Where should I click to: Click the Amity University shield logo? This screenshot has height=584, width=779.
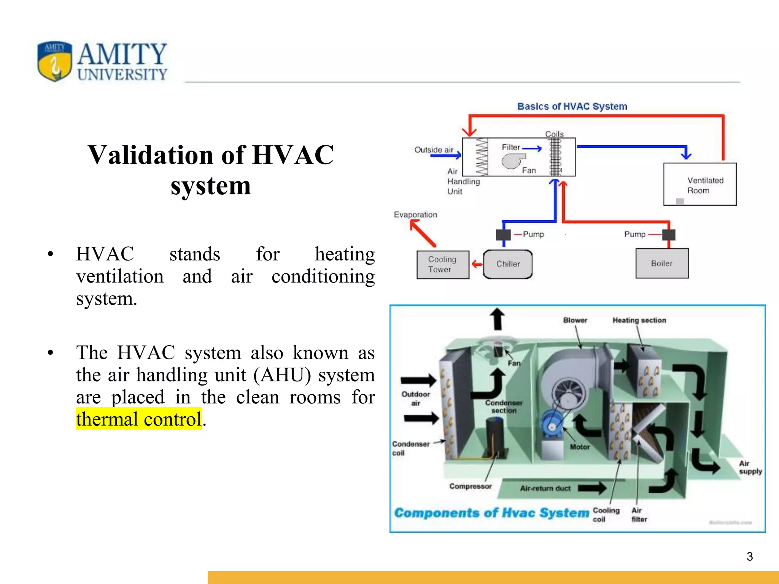click(x=54, y=61)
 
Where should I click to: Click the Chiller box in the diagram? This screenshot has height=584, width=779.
click(x=508, y=264)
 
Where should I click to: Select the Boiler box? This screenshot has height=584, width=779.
click(x=662, y=263)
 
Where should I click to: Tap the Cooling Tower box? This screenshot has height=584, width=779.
click(x=443, y=265)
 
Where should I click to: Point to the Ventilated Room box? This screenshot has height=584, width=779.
click(x=700, y=184)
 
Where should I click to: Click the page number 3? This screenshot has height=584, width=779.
click(x=749, y=557)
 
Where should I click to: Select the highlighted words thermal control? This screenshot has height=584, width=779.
click(x=139, y=419)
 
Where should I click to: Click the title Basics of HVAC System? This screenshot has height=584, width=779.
click(x=572, y=106)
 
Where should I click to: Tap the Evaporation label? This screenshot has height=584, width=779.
click(x=415, y=215)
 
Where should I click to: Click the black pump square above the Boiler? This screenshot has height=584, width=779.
click(x=669, y=235)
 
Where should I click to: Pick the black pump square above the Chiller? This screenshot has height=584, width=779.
click(x=504, y=235)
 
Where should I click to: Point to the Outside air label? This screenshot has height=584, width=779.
click(x=434, y=150)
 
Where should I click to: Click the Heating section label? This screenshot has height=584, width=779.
click(x=639, y=321)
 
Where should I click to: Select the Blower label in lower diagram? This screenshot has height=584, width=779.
click(x=575, y=321)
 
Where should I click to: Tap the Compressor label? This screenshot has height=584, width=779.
click(x=471, y=486)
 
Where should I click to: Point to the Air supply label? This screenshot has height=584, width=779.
click(x=750, y=468)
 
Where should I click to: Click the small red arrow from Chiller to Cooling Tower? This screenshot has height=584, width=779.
click(x=477, y=264)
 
